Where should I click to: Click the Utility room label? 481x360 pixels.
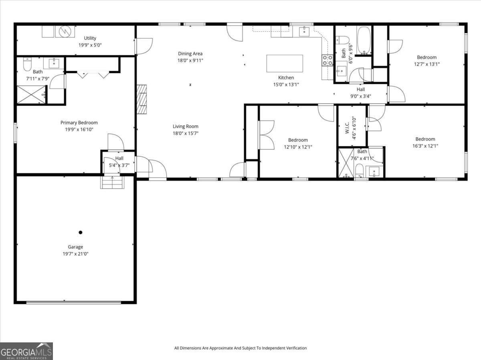[x=90, y=38]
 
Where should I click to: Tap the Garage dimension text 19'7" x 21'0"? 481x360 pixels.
[x=75, y=254]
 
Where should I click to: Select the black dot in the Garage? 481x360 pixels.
[x=81, y=232]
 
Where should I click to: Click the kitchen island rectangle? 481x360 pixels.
[x=285, y=63]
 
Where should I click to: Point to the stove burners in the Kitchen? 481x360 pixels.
[x=327, y=60]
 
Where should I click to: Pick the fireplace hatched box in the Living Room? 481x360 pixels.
[x=142, y=99]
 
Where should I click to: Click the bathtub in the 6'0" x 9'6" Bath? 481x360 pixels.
[x=364, y=40]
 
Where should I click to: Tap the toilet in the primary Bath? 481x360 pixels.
[x=27, y=64]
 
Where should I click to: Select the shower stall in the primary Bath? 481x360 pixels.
[x=31, y=95]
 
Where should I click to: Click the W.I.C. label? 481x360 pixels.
[x=347, y=128]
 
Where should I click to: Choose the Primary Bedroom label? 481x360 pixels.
[x=79, y=123]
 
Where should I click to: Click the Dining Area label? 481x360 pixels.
[x=190, y=53]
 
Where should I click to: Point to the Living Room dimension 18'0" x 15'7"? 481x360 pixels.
[x=186, y=133]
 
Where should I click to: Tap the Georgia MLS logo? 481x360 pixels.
[x=26, y=351]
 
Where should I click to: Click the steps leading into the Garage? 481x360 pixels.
[x=112, y=182]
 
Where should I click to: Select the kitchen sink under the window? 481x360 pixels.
[x=304, y=32]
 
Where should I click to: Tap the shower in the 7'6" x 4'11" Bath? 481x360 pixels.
[x=346, y=163]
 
